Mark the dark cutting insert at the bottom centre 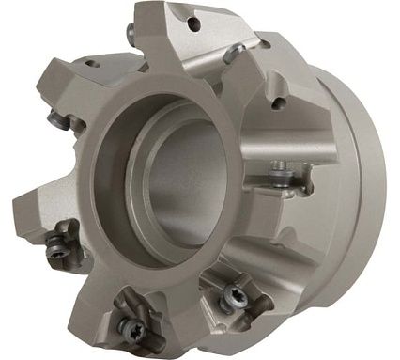(x=134, y=318)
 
